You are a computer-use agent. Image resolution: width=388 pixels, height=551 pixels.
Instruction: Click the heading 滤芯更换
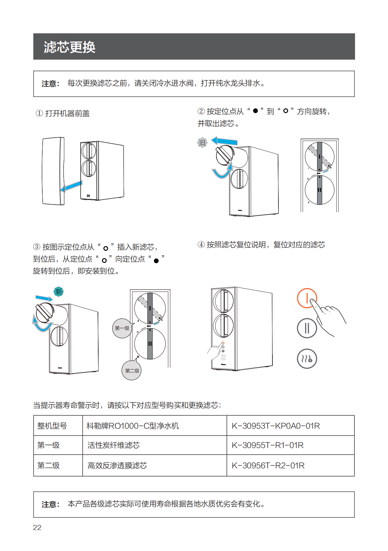click(70, 47)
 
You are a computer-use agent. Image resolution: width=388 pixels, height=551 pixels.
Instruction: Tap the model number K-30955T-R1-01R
click(267, 445)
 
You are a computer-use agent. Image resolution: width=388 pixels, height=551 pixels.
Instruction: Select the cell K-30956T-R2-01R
click(268, 465)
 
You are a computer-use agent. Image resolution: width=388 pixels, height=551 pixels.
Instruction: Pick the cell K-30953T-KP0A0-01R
click(276, 426)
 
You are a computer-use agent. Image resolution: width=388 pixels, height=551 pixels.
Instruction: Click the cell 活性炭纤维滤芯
click(114, 445)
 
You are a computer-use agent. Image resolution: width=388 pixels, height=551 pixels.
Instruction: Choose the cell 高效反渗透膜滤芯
click(117, 465)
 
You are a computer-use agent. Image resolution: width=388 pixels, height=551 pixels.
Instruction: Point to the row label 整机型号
click(52, 426)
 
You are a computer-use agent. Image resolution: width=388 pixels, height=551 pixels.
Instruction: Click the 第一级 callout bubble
click(122, 328)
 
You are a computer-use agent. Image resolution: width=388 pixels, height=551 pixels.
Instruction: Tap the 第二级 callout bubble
click(132, 370)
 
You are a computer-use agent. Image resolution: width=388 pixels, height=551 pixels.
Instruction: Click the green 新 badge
click(59, 291)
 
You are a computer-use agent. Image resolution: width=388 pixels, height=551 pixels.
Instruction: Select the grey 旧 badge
click(202, 143)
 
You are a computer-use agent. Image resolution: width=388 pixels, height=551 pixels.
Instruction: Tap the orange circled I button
click(307, 298)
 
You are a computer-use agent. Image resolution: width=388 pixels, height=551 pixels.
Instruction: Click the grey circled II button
click(307, 328)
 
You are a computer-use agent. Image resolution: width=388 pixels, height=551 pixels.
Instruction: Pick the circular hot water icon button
click(307, 359)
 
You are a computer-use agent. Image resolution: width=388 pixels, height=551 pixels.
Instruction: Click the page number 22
click(37, 527)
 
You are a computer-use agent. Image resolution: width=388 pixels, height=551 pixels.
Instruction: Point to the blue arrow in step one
click(71, 186)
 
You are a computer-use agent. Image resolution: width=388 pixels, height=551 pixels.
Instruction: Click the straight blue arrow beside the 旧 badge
click(225, 141)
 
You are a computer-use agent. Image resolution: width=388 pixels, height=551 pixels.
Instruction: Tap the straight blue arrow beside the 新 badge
click(44, 298)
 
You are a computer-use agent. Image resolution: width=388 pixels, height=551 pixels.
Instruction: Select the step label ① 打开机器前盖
click(63, 114)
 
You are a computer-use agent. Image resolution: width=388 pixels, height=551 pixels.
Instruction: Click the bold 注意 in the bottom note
click(50, 504)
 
